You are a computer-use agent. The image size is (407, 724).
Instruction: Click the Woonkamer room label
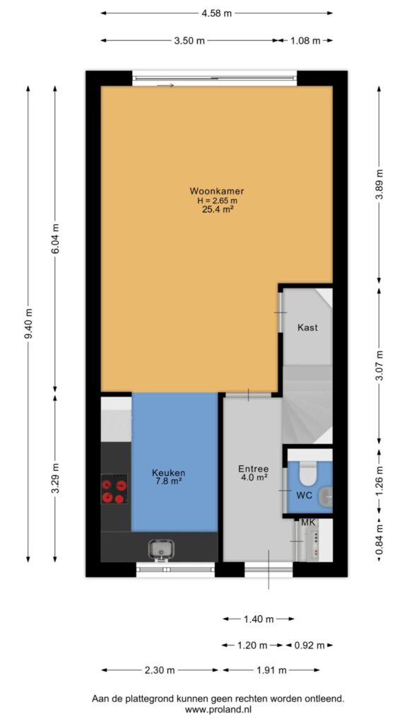coord(216,191)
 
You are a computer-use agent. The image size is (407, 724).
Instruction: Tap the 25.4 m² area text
coord(216,209)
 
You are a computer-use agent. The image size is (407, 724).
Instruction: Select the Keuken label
coord(168,473)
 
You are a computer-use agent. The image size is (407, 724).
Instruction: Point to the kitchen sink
coord(160,549)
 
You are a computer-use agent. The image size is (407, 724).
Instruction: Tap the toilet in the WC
coord(307,474)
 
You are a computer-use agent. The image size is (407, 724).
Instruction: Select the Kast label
coord(307,328)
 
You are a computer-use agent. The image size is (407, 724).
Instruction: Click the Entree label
coord(254,468)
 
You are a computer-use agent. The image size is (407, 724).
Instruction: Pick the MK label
coord(307,523)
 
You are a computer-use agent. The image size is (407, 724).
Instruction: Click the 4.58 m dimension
coord(216,13)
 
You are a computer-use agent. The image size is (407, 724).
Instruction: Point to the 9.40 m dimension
coord(28,324)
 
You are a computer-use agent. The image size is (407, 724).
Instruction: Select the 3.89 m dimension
coord(379,185)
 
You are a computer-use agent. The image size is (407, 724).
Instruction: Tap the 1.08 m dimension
coord(305,40)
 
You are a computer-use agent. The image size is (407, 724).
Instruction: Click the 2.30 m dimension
coord(160,670)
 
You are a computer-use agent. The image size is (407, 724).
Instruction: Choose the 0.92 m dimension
coord(309,645)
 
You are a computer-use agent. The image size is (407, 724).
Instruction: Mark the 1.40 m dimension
coord(259,619)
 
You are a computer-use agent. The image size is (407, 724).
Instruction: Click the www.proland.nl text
coord(218,710)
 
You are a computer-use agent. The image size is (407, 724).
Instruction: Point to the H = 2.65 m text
coord(216,200)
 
